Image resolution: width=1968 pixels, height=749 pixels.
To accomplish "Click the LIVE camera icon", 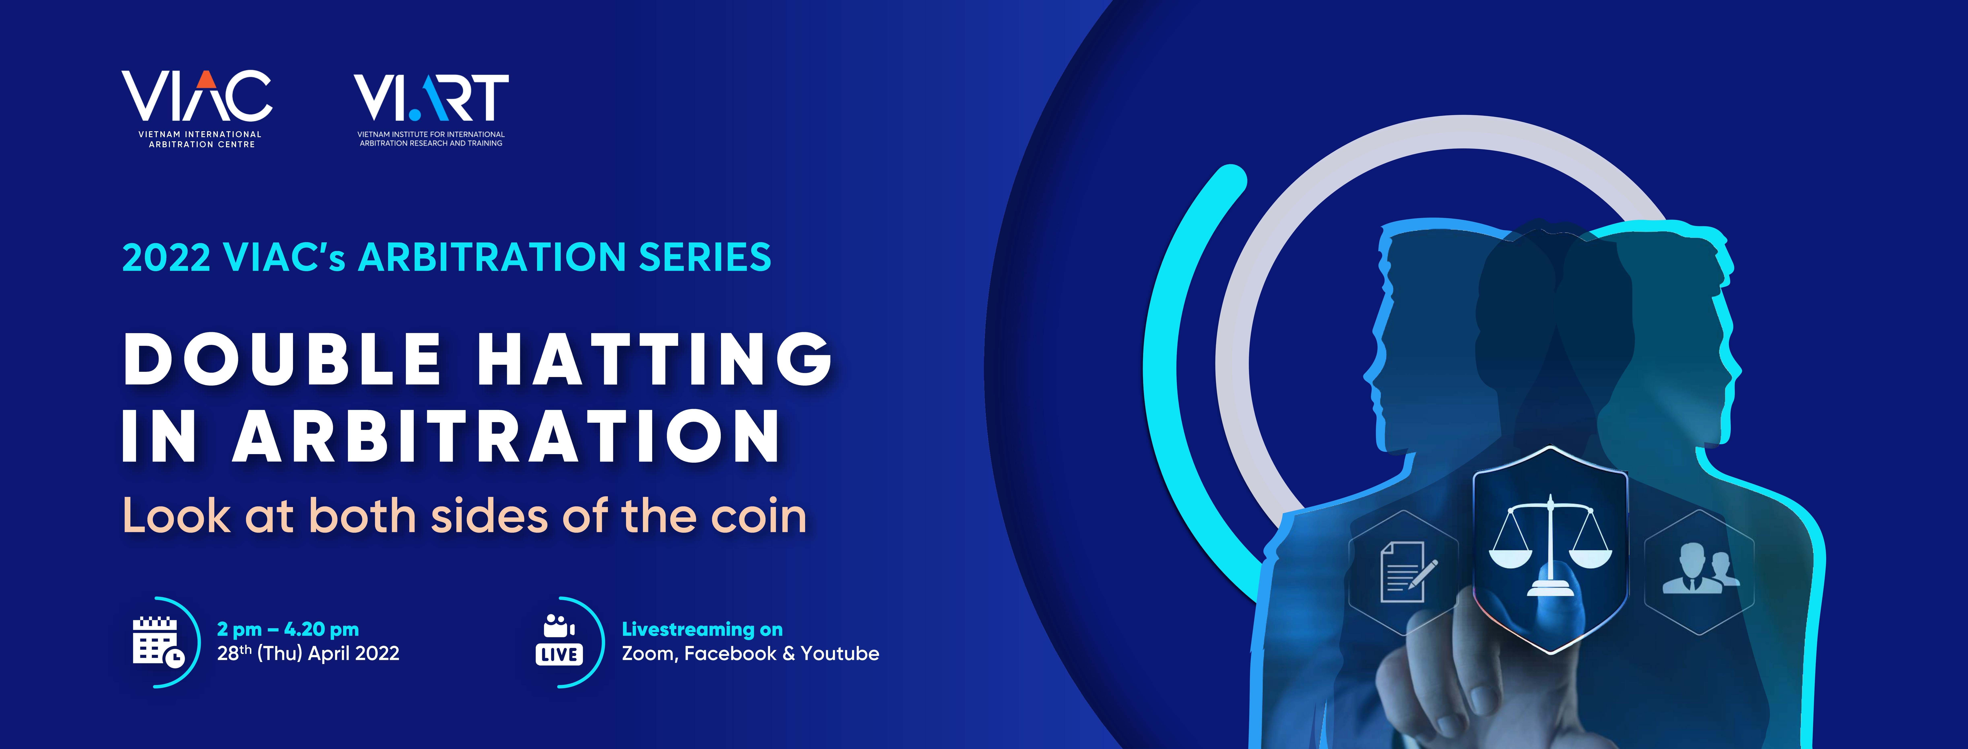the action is click(x=559, y=641).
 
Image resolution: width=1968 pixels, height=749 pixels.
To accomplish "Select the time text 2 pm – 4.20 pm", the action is click(x=288, y=630).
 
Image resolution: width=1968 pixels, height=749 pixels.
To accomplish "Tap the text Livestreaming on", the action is click(x=702, y=630).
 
